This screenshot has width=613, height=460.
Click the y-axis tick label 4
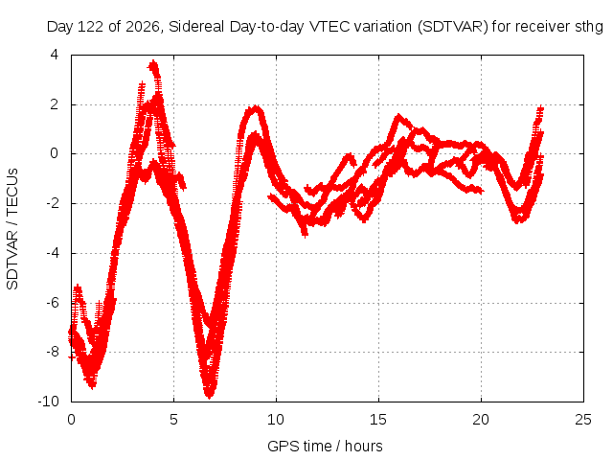tap(54, 55)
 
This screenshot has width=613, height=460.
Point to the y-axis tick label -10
tap(48, 402)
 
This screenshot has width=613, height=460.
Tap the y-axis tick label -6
tap(52, 303)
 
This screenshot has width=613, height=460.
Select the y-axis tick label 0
tap(54, 153)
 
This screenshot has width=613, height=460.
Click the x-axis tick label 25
tap(583, 420)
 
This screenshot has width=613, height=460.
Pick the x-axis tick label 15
tap(378, 420)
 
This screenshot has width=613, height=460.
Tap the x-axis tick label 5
tap(173, 420)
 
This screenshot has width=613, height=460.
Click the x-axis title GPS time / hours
tap(325, 446)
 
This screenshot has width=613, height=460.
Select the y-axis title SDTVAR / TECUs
tap(12, 229)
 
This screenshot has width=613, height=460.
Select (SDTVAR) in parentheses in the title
tap(453, 27)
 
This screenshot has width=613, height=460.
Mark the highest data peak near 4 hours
tap(153, 62)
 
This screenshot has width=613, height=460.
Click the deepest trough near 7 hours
tap(210, 395)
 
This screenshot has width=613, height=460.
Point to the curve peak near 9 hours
tap(256, 107)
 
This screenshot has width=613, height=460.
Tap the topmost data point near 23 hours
tap(540, 108)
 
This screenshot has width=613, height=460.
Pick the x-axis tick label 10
tap(276, 420)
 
